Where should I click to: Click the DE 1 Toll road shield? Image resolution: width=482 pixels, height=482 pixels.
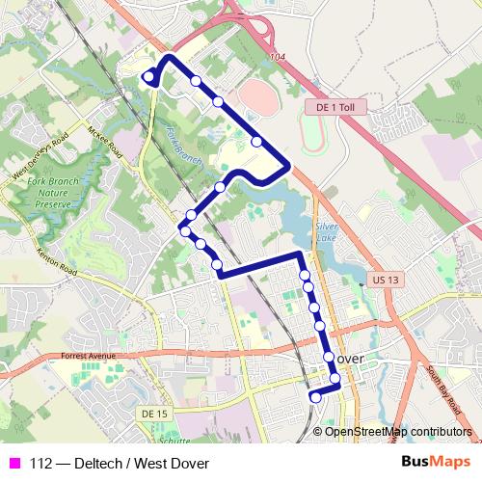[x=335, y=108]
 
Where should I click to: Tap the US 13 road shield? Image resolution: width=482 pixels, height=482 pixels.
[x=384, y=280]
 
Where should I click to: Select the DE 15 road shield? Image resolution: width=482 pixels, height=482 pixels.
[x=153, y=413]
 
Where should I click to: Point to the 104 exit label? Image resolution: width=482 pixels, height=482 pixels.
[x=279, y=59]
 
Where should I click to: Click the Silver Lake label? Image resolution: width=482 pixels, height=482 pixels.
[x=329, y=230]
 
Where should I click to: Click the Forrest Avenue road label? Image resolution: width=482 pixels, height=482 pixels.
[x=87, y=355]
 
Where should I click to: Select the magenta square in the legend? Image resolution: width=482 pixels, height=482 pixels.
[x=14, y=464]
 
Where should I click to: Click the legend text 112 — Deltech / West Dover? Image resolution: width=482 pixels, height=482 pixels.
[x=120, y=464]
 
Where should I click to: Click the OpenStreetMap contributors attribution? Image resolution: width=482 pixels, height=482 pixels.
[x=398, y=431]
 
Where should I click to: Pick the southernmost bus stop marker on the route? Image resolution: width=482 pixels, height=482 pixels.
[x=315, y=396]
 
